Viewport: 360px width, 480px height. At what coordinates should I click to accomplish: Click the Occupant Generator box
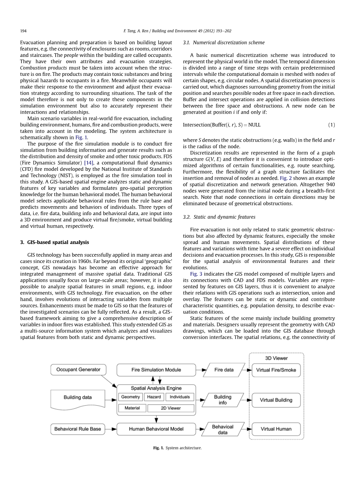78,370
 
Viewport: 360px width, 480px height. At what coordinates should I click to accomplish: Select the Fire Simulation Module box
156,370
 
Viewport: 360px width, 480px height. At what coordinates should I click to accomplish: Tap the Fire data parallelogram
224,370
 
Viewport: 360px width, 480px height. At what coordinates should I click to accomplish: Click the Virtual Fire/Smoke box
276,370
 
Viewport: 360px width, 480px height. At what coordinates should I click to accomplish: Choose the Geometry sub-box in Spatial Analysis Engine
130,397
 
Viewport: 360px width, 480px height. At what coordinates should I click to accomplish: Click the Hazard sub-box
154,397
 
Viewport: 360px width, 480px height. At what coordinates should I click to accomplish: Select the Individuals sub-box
180,397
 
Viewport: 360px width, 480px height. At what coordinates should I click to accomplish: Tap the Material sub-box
132,408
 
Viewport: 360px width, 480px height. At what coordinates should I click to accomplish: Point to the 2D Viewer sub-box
171,408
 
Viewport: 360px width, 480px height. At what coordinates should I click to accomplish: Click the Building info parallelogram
223,400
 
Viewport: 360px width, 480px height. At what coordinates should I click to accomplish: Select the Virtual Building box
276,400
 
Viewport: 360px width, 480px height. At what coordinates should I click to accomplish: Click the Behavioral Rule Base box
78,429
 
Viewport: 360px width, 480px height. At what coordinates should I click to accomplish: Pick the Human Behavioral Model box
156,429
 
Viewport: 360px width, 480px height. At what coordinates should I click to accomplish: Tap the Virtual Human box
276,429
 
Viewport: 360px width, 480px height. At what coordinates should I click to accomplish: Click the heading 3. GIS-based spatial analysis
54,242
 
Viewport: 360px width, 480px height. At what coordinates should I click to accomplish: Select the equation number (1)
331,125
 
